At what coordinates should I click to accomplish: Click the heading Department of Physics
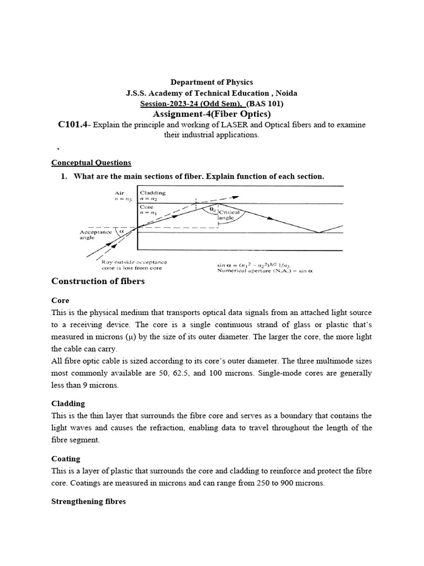coord(211,82)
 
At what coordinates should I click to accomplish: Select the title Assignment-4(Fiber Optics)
coord(211,114)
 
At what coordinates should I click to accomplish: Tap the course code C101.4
coord(73,125)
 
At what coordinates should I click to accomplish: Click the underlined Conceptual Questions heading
coord(91,163)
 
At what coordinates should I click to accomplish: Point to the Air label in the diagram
coord(119,193)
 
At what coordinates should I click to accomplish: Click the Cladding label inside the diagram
coord(153,193)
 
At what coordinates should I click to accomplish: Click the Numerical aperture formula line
coord(265,271)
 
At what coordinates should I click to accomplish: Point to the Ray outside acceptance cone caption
coord(135,264)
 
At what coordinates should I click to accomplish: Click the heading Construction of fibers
coord(98,281)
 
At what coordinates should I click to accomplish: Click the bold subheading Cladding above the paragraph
coord(68,403)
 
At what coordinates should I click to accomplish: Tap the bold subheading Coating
coord(66,459)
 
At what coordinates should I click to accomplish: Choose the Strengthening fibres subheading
coord(88,501)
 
